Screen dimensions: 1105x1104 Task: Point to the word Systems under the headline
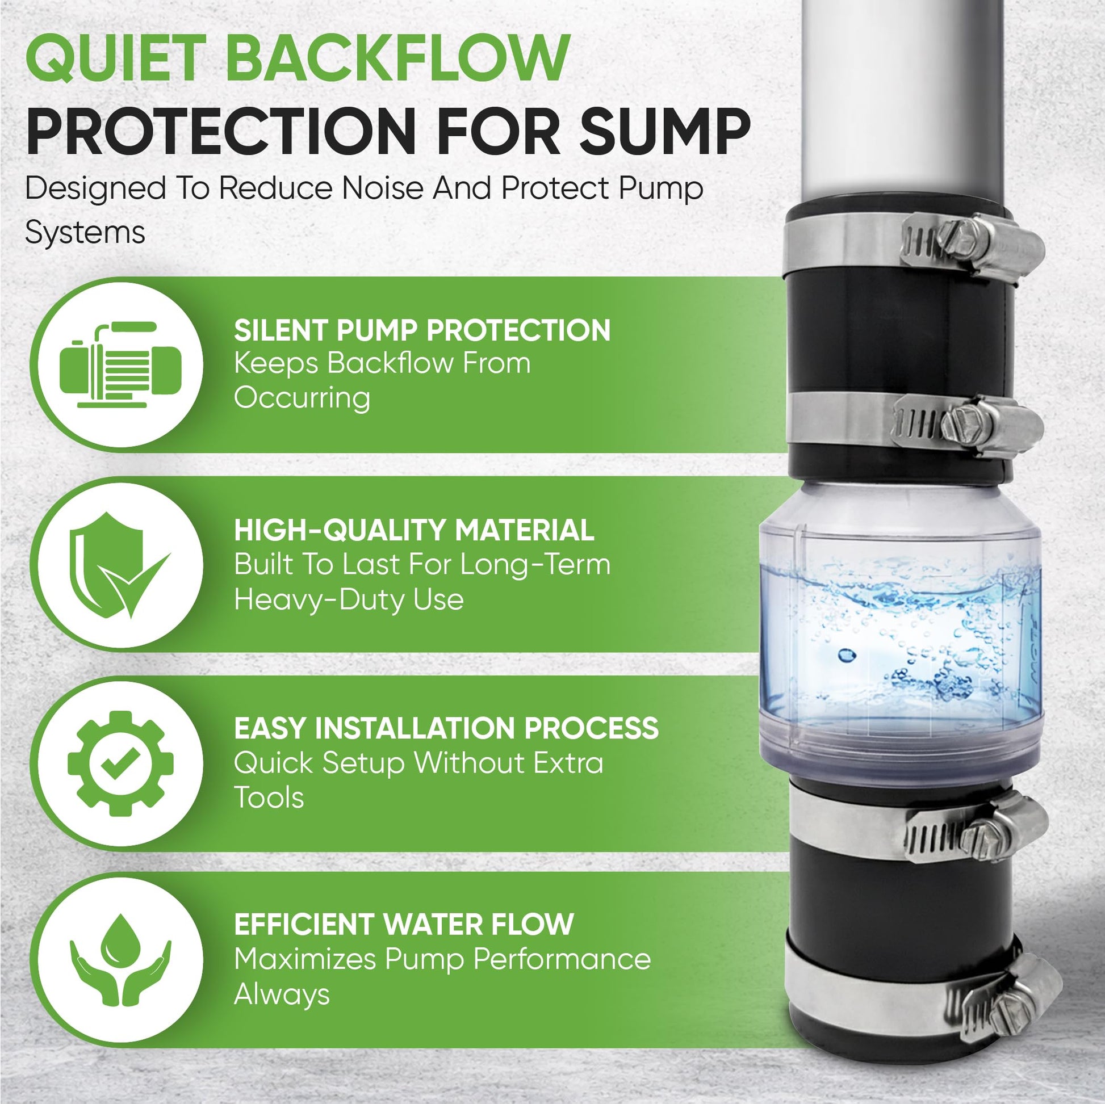85,233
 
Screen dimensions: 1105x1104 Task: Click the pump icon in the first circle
121,364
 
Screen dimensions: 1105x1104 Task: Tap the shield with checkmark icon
120,564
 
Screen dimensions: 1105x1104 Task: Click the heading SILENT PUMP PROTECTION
422,330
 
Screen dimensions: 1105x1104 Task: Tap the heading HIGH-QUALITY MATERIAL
414,530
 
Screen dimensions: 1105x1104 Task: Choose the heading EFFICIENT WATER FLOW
404,924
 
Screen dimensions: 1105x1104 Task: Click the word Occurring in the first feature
302,398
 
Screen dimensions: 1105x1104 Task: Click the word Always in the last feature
282,995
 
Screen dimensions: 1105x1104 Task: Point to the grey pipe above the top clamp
893,103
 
